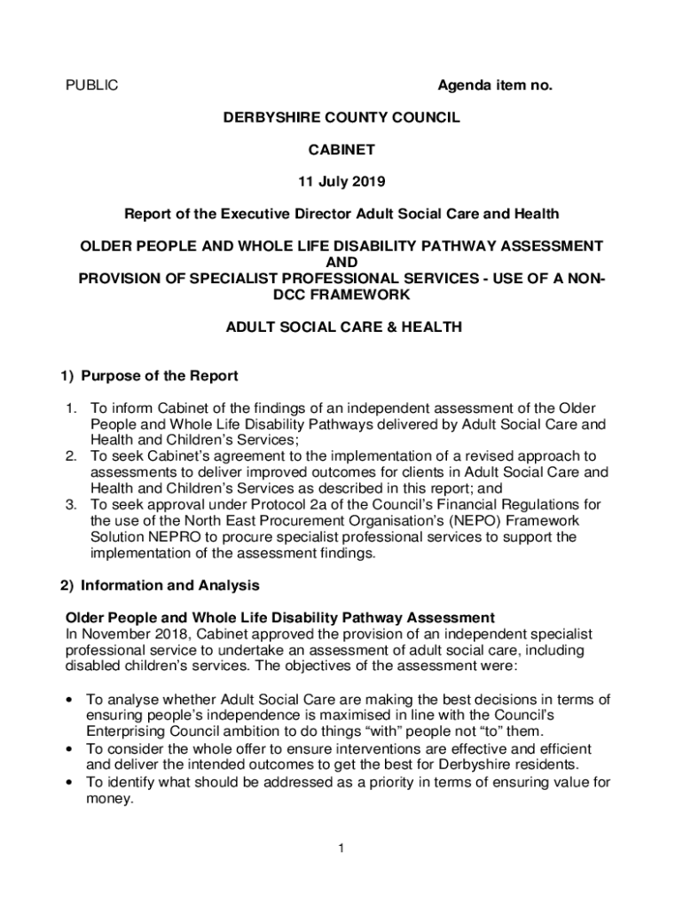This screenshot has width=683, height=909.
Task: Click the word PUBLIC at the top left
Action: pos(92,86)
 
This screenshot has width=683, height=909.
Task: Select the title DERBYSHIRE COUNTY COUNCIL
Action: pos(341,117)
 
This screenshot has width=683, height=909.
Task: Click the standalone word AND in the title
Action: pos(341,262)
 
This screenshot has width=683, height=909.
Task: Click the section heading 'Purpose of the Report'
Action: pos(159,375)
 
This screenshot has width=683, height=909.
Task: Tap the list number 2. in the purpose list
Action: pos(72,456)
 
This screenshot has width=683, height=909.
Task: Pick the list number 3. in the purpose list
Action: pos(72,505)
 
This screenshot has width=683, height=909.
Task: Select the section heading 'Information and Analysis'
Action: pos(169,586)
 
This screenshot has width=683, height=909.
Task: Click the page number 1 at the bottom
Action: pos(341,850)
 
